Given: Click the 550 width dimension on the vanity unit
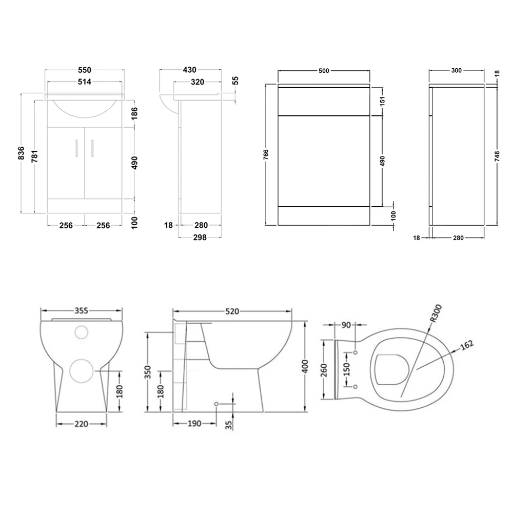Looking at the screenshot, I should [x=85, y=70].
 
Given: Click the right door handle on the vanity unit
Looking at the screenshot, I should [x=93, y=147].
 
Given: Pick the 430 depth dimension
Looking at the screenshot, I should [x=190, y=70].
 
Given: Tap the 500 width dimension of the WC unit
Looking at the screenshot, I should [x=324, y=71].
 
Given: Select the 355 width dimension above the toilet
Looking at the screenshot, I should [x=82, y=310].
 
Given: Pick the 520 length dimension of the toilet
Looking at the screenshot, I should [x=232, y=311].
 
